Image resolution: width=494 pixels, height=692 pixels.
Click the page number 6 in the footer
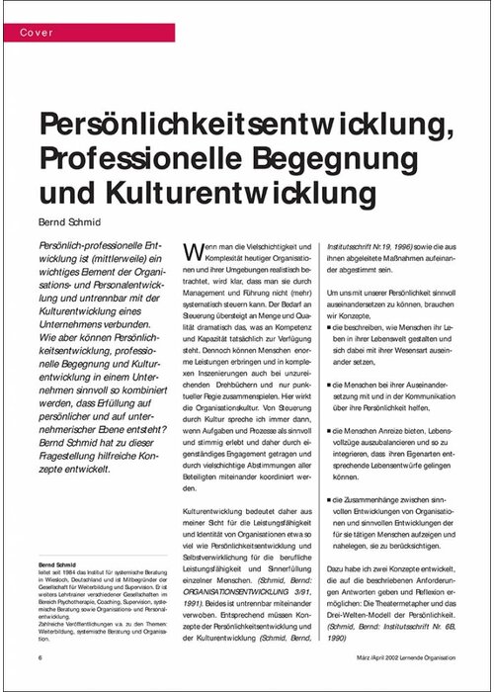(41, 656)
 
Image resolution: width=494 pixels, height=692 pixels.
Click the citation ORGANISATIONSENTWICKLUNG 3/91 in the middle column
(226, 565)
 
